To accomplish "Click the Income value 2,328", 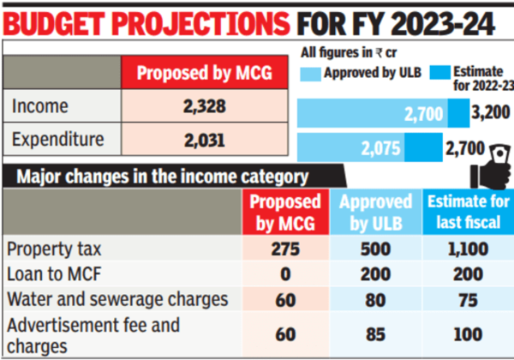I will [x=203, y=106].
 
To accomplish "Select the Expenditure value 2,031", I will [x=203, y=140].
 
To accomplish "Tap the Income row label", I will [x=40, y=106].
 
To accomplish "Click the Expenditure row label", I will [x=57, y=140].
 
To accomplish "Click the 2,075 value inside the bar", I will [x=382, y=148].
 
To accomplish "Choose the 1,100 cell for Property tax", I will [x=468, y=250].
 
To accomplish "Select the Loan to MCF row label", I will [x=52, y=274].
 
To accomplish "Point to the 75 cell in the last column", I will [x=468, y=299].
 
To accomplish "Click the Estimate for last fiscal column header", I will [x=468, y=213].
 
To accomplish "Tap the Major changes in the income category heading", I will [x=163, y=177].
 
